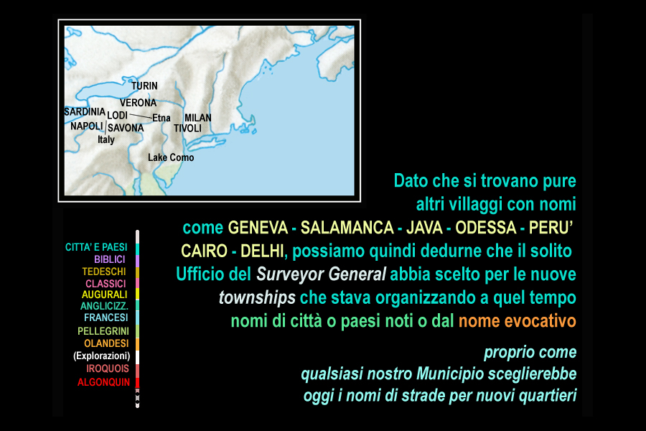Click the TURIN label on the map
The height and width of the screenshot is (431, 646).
coord(144,85)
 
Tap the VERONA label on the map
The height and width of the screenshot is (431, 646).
coord(138,103)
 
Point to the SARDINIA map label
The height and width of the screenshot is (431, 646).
coord(85,112)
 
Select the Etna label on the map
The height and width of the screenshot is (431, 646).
coord(161,118)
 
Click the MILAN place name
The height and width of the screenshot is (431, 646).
coord(198,118)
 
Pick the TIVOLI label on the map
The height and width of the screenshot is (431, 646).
coord(187,129)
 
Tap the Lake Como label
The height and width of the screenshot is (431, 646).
coord(171,157)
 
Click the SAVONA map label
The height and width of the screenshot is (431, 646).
coord(126,129)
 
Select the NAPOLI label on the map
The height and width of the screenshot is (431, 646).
coord(87,126)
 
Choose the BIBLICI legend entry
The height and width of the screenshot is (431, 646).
coord(110,259)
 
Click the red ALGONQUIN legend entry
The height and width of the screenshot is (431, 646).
coord(103,382)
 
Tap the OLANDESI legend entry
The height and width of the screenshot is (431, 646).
coord(106,343)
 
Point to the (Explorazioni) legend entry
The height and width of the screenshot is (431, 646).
coord(102,356)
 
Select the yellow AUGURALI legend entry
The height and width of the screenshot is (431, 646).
coord(105,295)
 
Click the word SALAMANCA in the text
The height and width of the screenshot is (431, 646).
coord(347,228)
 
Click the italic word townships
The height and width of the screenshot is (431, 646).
coord(257,298)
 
